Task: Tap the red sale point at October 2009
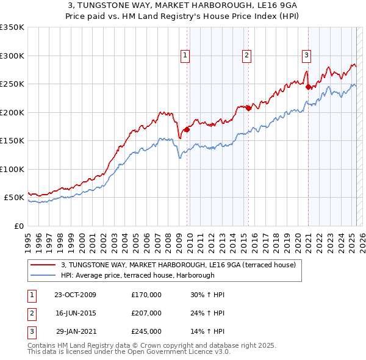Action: click(187, 129)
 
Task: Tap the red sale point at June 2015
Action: click(248, 109)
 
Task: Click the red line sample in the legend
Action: click(43, 265)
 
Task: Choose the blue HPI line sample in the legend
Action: click(43, 275)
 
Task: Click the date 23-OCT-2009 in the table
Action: click(75, 295)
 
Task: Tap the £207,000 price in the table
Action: click(146, 313)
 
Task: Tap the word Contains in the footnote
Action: click(42, 345)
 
